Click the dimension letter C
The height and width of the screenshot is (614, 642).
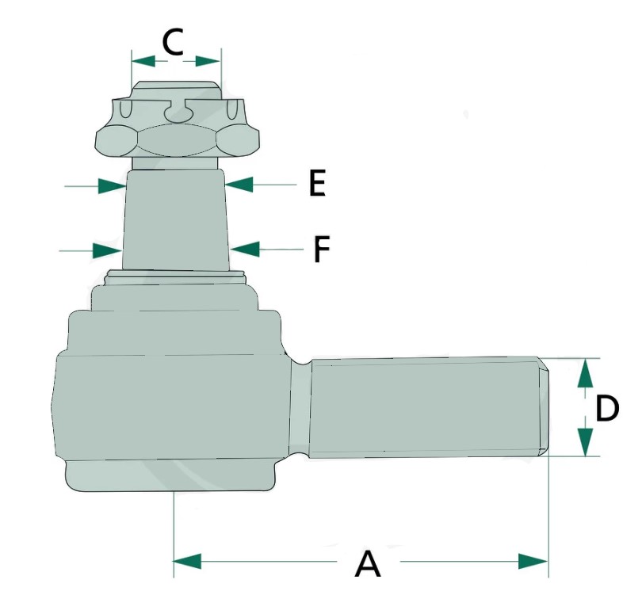(173, 42)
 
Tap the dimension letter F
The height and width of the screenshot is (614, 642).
(322, 249)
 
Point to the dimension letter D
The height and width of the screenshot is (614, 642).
(607, 408)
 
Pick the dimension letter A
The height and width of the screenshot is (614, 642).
(368, 563)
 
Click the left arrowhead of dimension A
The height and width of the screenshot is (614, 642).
(188, 561)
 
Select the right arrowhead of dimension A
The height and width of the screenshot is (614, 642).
(533, 561)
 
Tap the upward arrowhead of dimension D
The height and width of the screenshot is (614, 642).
(586, 373)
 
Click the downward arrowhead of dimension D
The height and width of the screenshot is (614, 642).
(586, 441)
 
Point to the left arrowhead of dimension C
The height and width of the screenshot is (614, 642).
(143, 62)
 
